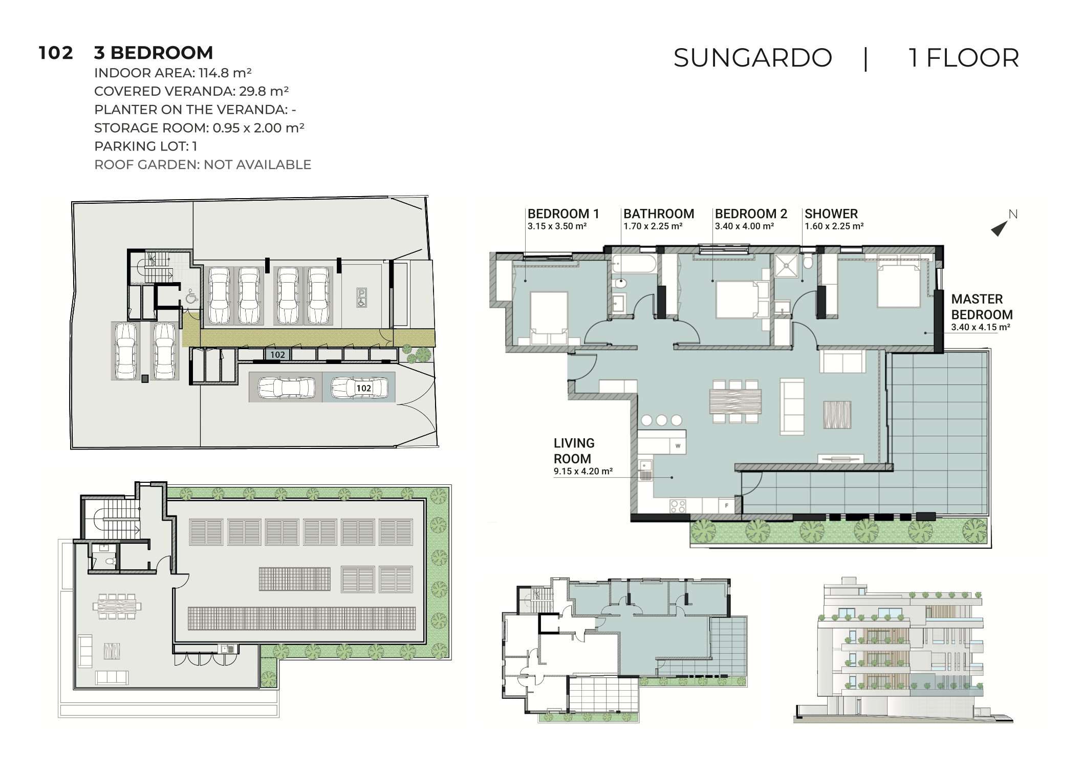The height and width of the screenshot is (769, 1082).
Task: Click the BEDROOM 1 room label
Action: [x=563, y=214]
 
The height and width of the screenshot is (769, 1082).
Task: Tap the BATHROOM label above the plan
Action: [x=659, y=214]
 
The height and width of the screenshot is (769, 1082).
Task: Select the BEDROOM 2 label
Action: [x=751, y=214]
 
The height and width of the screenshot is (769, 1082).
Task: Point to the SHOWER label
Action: [x=831, y=214]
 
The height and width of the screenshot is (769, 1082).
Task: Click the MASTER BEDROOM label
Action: [x=982, y=307]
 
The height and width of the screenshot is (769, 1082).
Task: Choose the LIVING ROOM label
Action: [x=574, y=451]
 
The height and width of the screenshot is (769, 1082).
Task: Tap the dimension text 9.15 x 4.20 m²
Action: [x=583, y=472]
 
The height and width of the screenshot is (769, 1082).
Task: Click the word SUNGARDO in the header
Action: [x=752, y=58]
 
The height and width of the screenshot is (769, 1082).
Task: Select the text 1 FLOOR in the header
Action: [x=964, y=58]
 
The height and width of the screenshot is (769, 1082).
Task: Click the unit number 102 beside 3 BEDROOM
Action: [x=56, y=53]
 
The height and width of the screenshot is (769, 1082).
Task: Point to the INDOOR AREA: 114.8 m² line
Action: [x=173, y=73]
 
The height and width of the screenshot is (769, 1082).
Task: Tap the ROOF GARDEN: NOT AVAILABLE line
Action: [x=203, y=165]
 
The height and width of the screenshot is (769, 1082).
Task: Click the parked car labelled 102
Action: [x=359, y=388]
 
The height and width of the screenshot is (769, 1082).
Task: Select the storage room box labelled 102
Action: [x=277, y=354]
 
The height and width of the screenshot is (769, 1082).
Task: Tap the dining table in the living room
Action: [x=735, y=401]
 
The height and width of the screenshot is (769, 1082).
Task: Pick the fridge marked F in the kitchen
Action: [x=727, y=506]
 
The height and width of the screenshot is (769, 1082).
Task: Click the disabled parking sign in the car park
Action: [x=361, y=297]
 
